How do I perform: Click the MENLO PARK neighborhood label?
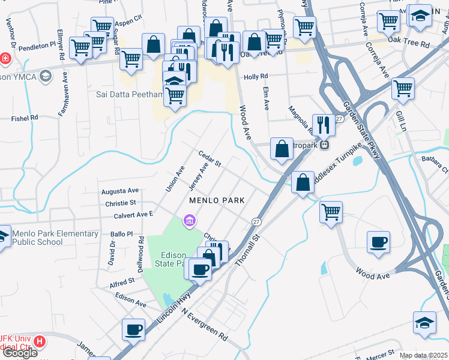click(x=217, y=200)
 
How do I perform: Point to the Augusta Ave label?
click(x=120, y=191)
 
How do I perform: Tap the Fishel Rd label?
click(x=25, y=117)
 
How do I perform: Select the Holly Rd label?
click(x=255, y=77)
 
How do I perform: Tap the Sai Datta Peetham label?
click(x=130, y=94)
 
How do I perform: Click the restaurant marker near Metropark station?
click(x=324, y=124)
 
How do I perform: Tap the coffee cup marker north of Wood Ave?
click(x=378, y=242)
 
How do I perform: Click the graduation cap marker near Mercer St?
click(x=424, y=322)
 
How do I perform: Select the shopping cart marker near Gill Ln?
click(x=403, y=88)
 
